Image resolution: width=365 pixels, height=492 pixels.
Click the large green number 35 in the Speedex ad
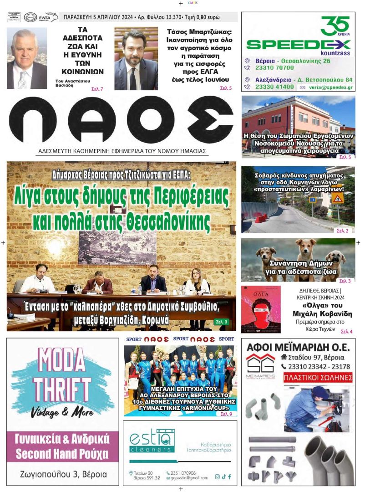335,26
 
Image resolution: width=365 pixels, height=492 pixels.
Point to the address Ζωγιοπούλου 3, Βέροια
62,474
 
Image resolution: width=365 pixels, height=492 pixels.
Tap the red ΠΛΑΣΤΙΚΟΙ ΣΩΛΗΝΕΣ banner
318,378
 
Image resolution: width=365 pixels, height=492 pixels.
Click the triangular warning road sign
337,198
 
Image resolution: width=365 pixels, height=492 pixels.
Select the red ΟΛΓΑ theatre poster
261,308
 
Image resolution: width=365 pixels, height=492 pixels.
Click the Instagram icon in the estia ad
217,477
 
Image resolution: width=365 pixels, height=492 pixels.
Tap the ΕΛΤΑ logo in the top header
47,17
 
